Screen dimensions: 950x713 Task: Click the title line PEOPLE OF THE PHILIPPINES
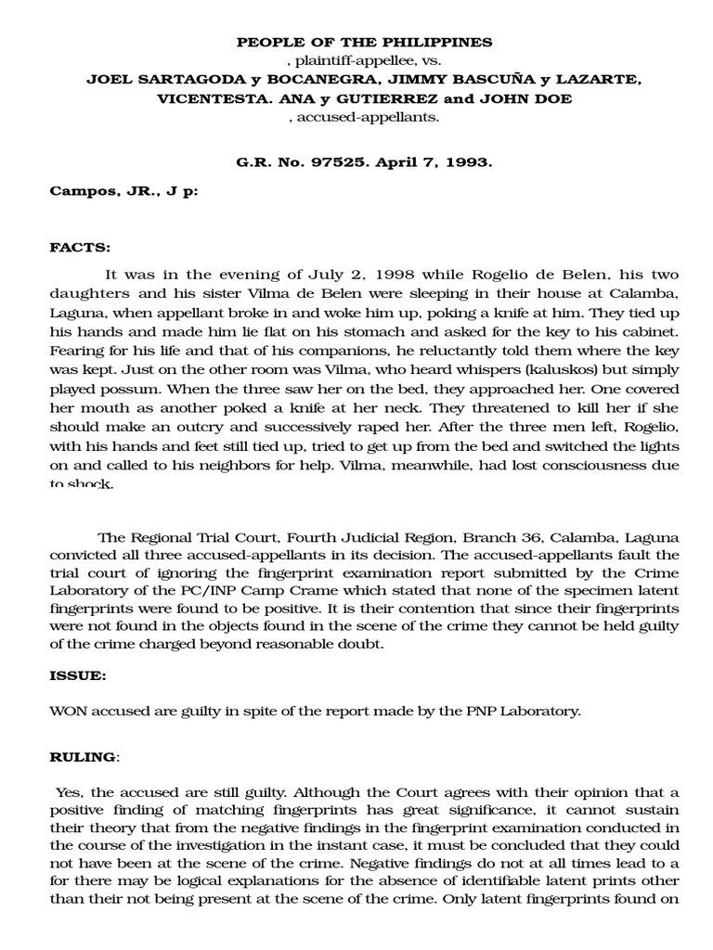(x=364, y=43)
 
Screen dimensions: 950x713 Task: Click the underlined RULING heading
(x=83, y=757)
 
